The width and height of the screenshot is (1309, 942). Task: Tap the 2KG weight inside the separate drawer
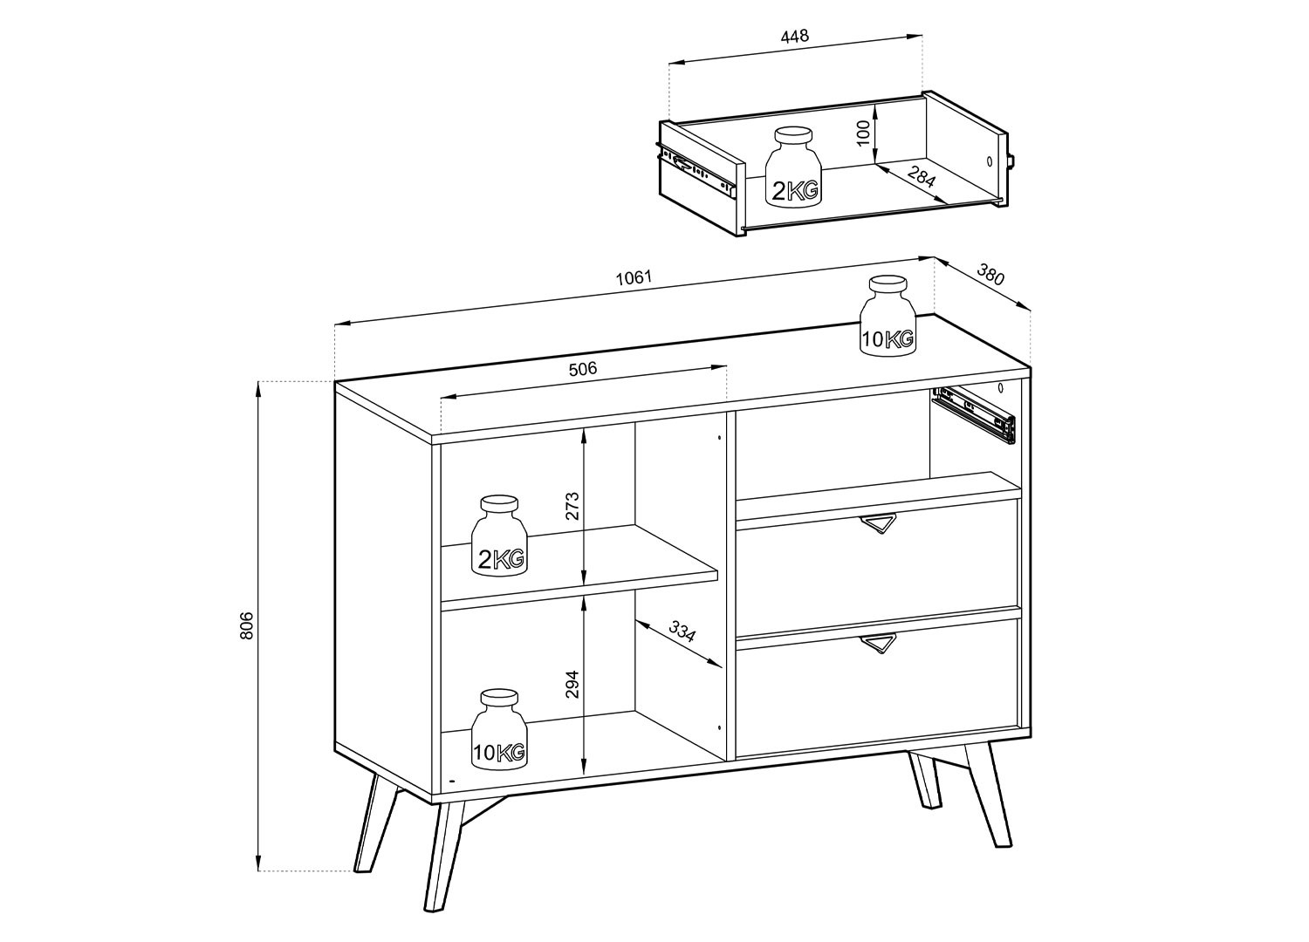coord(793,167)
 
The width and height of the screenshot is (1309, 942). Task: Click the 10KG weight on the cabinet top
coord(888,316)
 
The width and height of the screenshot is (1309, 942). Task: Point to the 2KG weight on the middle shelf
coord(499,536)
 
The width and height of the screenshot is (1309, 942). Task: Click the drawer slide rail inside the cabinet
coord(974,414)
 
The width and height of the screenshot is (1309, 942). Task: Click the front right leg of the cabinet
coord(990,795)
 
